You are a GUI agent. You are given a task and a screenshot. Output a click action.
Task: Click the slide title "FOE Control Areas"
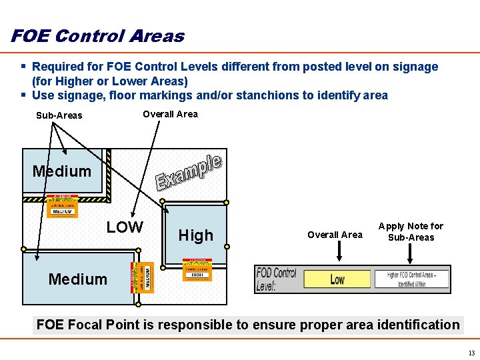97,36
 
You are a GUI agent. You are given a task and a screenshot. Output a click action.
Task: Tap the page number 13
471,353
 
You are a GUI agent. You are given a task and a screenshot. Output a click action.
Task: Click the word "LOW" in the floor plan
125,227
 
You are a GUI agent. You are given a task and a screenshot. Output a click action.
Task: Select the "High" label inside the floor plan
196,235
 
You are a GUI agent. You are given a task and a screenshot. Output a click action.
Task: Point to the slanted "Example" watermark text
189,172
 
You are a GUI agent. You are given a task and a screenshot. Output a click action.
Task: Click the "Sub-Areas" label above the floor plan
59,115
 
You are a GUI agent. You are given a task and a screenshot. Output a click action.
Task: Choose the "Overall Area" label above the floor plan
170,114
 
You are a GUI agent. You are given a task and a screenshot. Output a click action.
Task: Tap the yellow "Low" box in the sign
337,279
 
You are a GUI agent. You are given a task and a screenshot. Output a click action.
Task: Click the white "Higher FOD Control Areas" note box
411,279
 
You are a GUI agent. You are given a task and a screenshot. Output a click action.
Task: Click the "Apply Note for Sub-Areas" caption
411,232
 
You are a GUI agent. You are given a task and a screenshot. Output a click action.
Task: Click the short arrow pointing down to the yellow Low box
339,251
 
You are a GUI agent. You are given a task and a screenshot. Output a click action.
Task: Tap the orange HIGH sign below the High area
197,270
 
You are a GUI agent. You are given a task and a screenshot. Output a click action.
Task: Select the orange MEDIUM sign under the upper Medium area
62,207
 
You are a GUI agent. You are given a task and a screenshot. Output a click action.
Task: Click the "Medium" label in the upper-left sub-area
62,171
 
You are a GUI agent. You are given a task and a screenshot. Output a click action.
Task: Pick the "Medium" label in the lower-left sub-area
78,279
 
